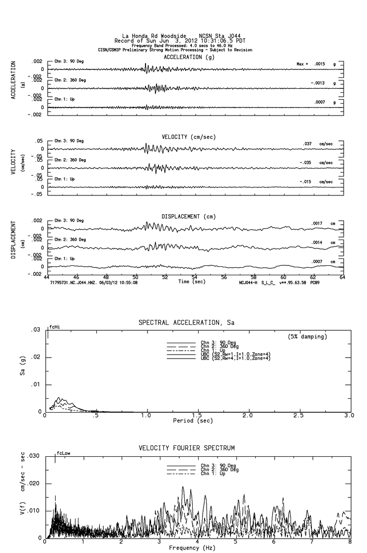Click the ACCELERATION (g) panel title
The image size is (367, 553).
(x=190, y=58)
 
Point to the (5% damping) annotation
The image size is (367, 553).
(x=307, y=337)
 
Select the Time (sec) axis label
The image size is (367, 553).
(x=191, y=282)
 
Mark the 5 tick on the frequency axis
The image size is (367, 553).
(x=236, y=543)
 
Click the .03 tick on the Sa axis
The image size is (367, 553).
(x=36, y=330)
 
